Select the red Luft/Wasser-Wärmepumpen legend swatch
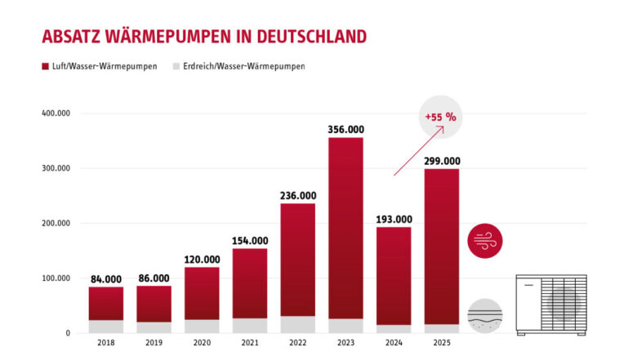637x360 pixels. point(45,66)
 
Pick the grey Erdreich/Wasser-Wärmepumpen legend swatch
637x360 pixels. point(176,66)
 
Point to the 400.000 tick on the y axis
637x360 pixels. point(56,113)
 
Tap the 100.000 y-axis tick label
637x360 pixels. point(56,278)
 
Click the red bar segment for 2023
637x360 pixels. point(345,228)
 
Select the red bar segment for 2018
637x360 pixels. point(106,303)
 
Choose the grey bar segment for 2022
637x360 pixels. point(298,325)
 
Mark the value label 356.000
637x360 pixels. point(345,129)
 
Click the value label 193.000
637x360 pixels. point(394,219)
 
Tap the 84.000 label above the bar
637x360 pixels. point(106,279)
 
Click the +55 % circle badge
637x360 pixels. point(440,117)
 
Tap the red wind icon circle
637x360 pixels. point(485,241)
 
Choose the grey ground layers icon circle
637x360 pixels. point(485,315)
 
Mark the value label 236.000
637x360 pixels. point(298,196)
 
